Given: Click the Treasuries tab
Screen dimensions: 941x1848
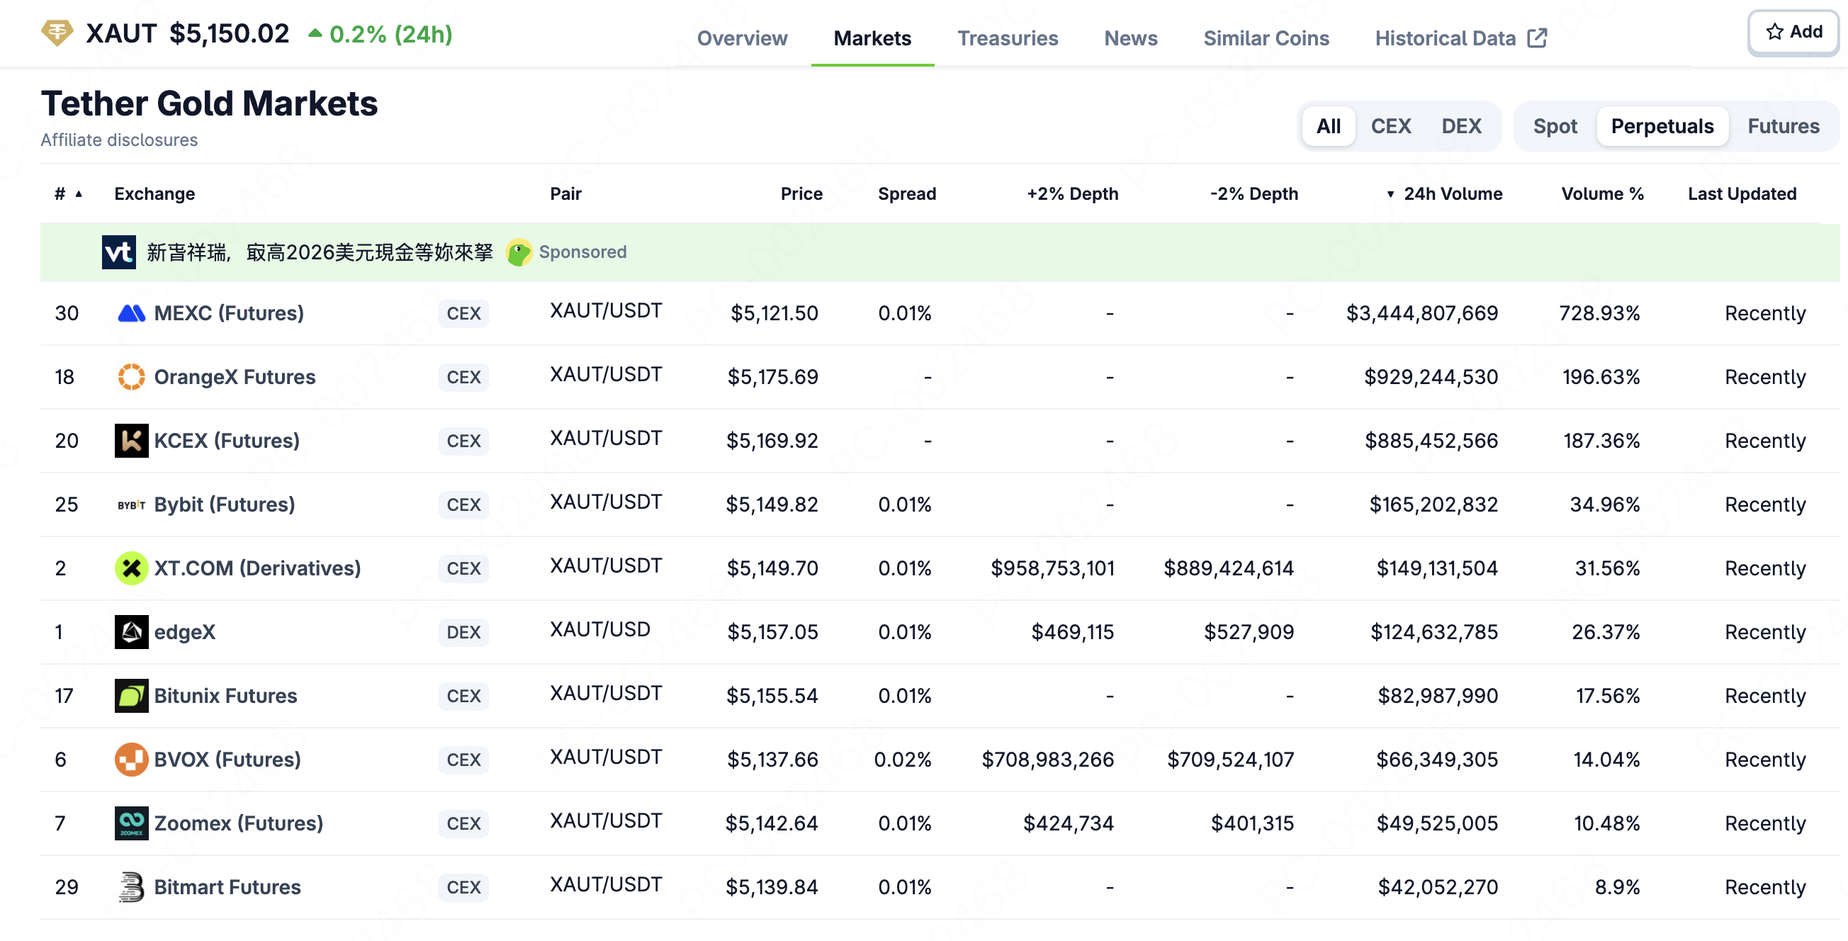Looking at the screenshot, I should coord(1007,38).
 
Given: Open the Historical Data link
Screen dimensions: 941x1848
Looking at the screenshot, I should coord(1460,38).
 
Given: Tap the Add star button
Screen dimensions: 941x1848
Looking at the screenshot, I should coord(1793,33).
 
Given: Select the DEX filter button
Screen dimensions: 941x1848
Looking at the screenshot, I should coord(1460,126).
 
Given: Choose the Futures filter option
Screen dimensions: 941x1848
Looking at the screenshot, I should coord(1783,126).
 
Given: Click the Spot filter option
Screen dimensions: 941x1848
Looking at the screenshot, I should coord(1555,126).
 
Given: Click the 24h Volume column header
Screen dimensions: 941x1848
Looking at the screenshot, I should coord(1452,193).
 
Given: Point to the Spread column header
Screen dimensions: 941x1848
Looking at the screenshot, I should coord(906,193).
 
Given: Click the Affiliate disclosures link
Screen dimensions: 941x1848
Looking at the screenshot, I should coord(119,140).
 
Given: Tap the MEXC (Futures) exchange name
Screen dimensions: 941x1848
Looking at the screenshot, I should coord(229,312).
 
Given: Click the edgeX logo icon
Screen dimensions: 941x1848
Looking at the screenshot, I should coord(131,632).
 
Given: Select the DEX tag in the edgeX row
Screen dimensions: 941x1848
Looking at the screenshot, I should coord(463,632).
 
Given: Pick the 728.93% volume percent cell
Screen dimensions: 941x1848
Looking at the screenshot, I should coord(1599,312).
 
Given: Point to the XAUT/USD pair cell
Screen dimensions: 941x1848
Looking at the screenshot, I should coord(599,629).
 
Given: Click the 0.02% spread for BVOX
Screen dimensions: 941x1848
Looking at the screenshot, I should coord(902,760).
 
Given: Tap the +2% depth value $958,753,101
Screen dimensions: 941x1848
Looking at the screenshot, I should coord(1052,568).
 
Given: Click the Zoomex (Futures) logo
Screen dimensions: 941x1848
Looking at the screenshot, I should coord(131,823).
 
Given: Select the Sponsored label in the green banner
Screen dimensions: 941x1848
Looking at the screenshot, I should coord(582,252).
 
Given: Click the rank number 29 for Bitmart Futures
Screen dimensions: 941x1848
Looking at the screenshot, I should coord(66,887).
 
